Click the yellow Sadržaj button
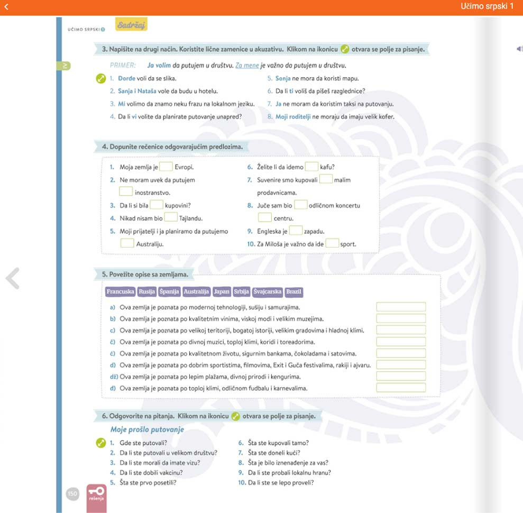131,25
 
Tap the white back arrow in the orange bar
7,6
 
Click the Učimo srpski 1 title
487,6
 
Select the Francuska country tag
120,291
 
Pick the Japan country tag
222,291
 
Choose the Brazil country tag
293,291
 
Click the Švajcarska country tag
267,291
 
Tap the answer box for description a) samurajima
400,307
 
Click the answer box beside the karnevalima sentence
400,388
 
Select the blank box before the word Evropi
166,167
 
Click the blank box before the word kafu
311,167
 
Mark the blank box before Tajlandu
171,218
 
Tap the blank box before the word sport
332,244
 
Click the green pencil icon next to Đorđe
101,79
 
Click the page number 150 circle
72,494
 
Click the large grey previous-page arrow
13,278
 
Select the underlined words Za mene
247,66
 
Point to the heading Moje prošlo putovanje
147,429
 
